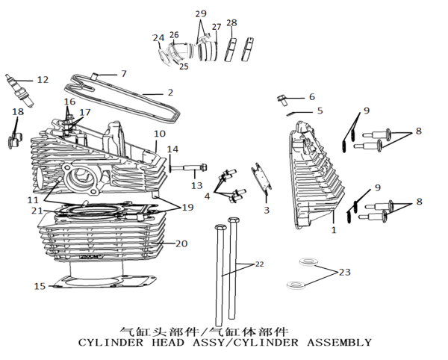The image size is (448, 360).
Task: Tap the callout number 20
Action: (181, 243)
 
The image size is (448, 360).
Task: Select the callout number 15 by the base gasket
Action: (40, 286)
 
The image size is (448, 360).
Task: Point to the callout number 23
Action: (344, 272)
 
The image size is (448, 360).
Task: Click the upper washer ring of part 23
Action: (307, 261)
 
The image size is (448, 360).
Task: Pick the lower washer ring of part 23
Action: (296, 285)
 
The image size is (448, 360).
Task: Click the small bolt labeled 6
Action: (282, 100)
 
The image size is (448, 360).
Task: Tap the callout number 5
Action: (320, 111)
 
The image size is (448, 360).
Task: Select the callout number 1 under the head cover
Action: (334, 229)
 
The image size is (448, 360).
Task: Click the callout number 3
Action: (267, 210)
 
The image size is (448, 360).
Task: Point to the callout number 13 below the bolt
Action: (197, 185)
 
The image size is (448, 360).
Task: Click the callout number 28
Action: (231, 22)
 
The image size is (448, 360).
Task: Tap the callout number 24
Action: (158, 37)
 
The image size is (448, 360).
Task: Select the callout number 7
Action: (124, 74)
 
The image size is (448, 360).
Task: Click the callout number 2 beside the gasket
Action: (170, 93)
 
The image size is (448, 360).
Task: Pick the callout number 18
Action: (18, 111)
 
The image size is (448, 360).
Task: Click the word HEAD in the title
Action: (168, 342)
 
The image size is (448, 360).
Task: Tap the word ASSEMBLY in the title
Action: (340, 342)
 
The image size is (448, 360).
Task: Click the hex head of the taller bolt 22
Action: (234, 220)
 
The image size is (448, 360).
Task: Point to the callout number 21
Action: (37, 211)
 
